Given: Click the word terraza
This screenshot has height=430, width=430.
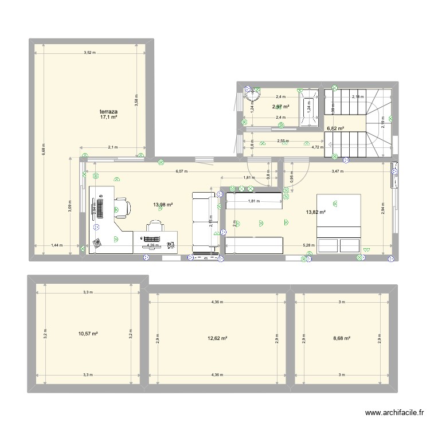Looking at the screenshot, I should coord(108,110).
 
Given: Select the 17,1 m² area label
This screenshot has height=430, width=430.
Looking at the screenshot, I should coord(108,117).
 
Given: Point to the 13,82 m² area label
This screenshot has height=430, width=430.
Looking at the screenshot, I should coord(315,212).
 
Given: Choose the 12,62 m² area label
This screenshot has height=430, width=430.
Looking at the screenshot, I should coord(217,338).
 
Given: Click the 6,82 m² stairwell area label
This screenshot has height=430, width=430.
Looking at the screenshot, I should coord(335,128).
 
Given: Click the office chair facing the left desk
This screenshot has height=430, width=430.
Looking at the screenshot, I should coord(121,208).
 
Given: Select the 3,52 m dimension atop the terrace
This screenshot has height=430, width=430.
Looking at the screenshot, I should coord(89,53).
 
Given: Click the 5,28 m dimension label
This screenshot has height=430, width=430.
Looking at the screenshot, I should coord(308,245).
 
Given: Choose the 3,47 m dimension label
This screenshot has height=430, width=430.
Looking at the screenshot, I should coord(337,171).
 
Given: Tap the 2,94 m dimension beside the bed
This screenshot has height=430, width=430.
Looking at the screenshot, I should coord(382,210).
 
